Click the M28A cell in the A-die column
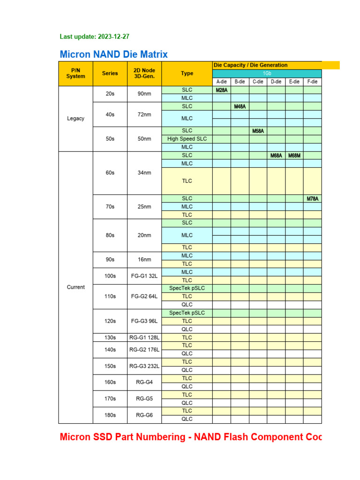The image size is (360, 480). [222, 90]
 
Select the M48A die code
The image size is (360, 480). [240, 106]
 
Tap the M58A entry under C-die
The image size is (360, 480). [258, 131]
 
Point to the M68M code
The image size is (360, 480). [294, 155]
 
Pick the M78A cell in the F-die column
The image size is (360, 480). [313, 199]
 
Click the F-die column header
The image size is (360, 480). [313, 82]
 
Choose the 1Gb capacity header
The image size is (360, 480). [267, 74]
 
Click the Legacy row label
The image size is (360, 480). [76, 119]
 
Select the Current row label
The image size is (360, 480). [76, 287]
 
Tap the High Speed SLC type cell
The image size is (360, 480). [187, 139]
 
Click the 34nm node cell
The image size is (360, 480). [144, 172]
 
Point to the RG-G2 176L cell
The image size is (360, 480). [144, 349]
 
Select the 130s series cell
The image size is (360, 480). [110, 337]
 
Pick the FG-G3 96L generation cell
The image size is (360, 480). [144, 321]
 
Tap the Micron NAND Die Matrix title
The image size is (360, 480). [114, 54]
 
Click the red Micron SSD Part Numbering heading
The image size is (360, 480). [191, 437]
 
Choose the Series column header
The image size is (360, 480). [110, 73]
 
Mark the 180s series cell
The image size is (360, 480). [110, 415]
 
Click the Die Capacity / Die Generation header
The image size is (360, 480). [251, 65]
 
